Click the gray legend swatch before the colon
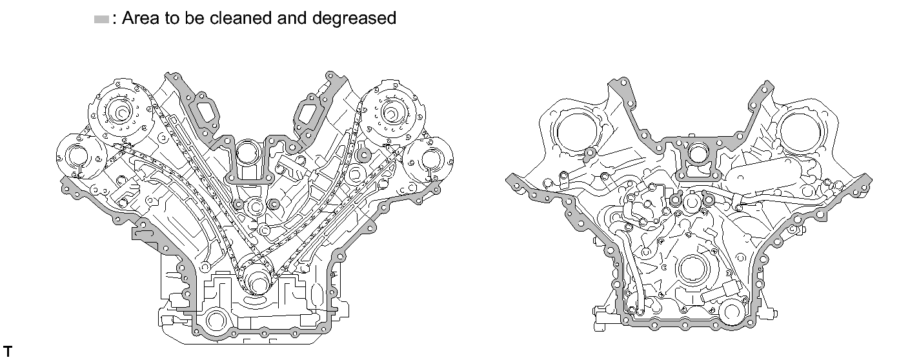pyautogui.click(x=101, y=19)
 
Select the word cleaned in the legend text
pyautogui.click(x=240, y=18)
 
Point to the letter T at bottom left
pyautogui.click(x=8, y=352)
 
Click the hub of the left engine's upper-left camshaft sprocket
pyautogui.click(x=121, y=113)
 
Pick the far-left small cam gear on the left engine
pyautogui.click(x=78, y=157)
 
